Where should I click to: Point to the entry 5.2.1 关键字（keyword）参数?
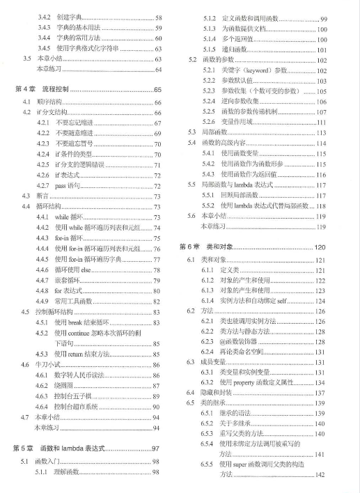(257, 70)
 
